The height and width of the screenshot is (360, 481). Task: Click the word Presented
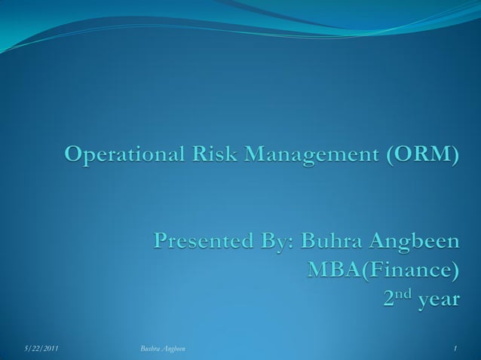(x=203, y=243)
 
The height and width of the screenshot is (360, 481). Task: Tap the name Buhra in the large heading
(x=331, y=243)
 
